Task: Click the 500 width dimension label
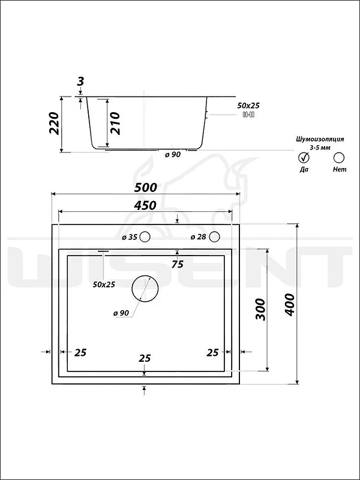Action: (x=146, y=187)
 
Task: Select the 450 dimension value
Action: (x=145, y=205)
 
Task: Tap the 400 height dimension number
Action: (x=289, y=305)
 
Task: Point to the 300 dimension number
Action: (x=260, y=309)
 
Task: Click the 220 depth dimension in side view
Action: (x=54, y=124)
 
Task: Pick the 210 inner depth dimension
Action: (x=115, y=124)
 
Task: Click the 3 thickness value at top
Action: (x=80, y=82)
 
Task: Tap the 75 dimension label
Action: (x=177, y=264)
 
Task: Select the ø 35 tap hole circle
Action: (x=145, y=237)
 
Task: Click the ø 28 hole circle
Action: (x=215, y=237)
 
